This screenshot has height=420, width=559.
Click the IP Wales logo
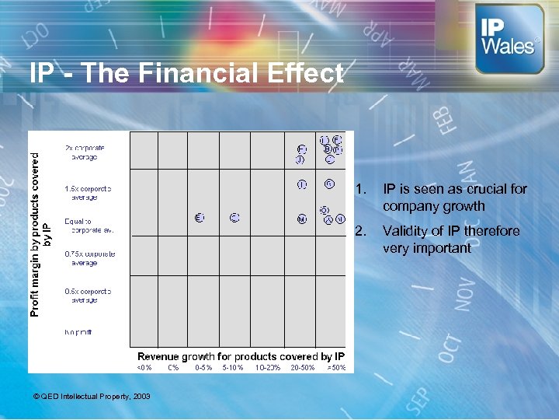[x=509, y=38]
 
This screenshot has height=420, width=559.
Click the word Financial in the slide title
[x=162, y=73]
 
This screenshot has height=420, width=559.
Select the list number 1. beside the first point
[x=359, y=189]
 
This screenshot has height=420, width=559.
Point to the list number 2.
[x=359, y=231]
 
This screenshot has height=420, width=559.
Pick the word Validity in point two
[x=408, y=231]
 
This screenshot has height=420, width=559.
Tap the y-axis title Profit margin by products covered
[x=34, y=233]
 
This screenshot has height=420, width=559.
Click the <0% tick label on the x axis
[x=144, y=367]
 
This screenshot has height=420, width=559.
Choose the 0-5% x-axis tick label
[x=203, y=367]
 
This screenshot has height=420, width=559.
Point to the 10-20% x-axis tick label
[x=267, y=367]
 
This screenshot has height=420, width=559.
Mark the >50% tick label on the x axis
[x=335, y=367]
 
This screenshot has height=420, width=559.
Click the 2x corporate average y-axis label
[x=85, y=152]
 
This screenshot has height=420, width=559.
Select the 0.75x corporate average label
[x=89, y=258]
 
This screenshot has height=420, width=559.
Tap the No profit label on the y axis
[x=78, y=332]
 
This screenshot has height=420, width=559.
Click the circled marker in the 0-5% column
[x=200, y=218]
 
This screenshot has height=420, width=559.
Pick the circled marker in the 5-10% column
[x=234, y=218]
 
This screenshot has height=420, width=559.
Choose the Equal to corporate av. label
[x=89, y=226]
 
